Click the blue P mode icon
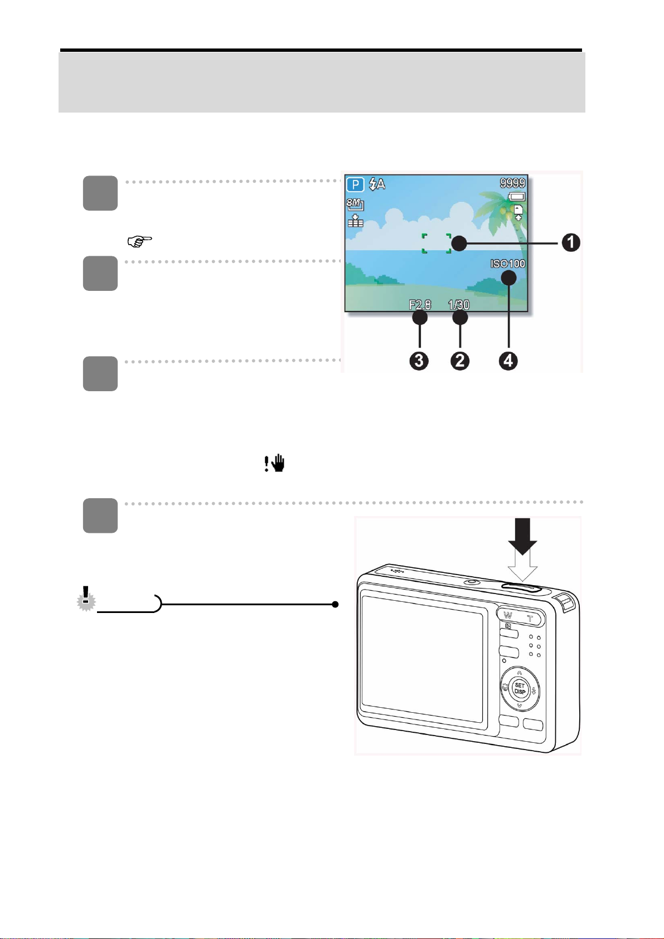pos(355,184)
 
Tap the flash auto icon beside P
pos(377,184)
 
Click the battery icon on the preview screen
pos(516,197)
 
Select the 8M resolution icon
pos(355,205)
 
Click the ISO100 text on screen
pos(507,264)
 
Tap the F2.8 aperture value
pos(420,305)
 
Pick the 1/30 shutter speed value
pos(459,305)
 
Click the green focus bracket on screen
pos(436,244)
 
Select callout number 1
pos(570,242)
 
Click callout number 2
pos(459,361)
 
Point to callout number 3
pos(419,361)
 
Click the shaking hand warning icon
pos(274,464)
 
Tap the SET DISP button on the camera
pos(519,689)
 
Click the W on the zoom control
pos(507,616)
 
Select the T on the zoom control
pos(530,617)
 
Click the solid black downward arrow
pos(522,537)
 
